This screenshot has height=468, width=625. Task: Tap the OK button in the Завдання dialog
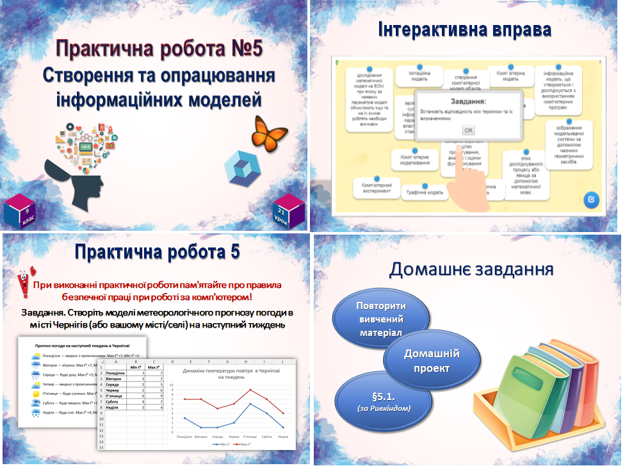[469, 130]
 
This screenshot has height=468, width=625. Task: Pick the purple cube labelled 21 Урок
[282, 210]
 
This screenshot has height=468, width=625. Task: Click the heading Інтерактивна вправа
[464, 29]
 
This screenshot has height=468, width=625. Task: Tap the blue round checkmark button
[591, 200]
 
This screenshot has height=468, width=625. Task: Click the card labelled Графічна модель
[426, 192]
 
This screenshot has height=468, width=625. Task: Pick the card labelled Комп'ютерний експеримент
[377, 188]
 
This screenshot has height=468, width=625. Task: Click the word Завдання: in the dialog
[468, 101]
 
